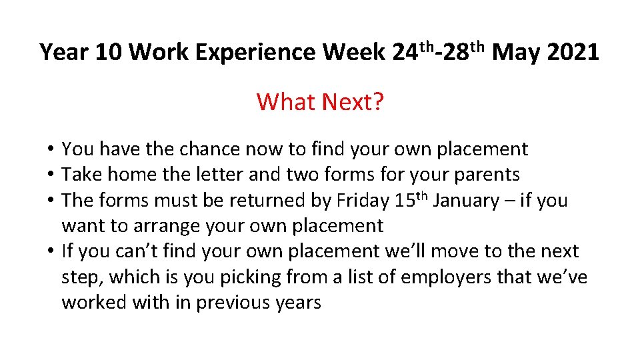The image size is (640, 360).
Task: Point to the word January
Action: pyautogui.click(x=472, y=200)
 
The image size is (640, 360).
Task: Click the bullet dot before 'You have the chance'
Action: pyautogui.click(x=51, y=149)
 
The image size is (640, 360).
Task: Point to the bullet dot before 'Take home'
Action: pyautogui.click(x=51, y=175)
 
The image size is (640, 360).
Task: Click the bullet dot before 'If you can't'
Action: pyautogui.click(x=51, y=251)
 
